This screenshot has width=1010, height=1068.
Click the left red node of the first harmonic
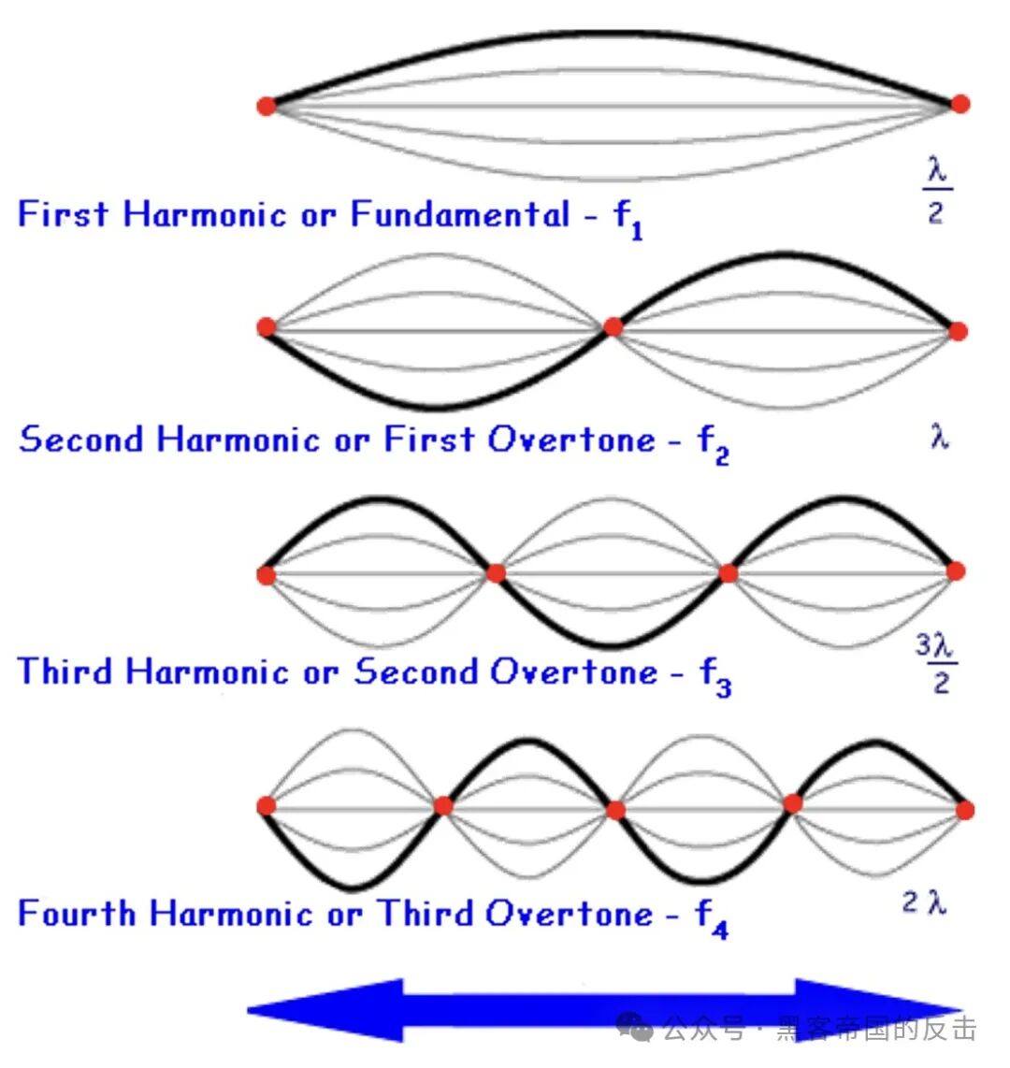coord(267,106)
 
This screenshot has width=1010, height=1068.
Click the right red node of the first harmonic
coord(959,104)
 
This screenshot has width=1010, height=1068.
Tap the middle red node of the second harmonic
coord(613,326)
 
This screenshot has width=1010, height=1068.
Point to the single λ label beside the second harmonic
coord(940,436)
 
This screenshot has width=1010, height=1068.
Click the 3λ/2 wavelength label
coord(936,663)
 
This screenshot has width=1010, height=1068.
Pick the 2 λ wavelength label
coord(925,902)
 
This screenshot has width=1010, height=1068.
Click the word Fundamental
coord(460,215)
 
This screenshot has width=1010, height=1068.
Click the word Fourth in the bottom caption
coord(77,913)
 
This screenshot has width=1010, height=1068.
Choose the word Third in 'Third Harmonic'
coord(65,671)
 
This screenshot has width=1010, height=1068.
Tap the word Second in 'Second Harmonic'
coord(81,440)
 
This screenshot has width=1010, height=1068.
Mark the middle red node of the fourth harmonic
coord(614,809)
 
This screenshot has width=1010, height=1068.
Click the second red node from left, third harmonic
coord(496,572)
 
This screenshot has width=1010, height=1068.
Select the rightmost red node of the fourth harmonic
coord(964,809)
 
